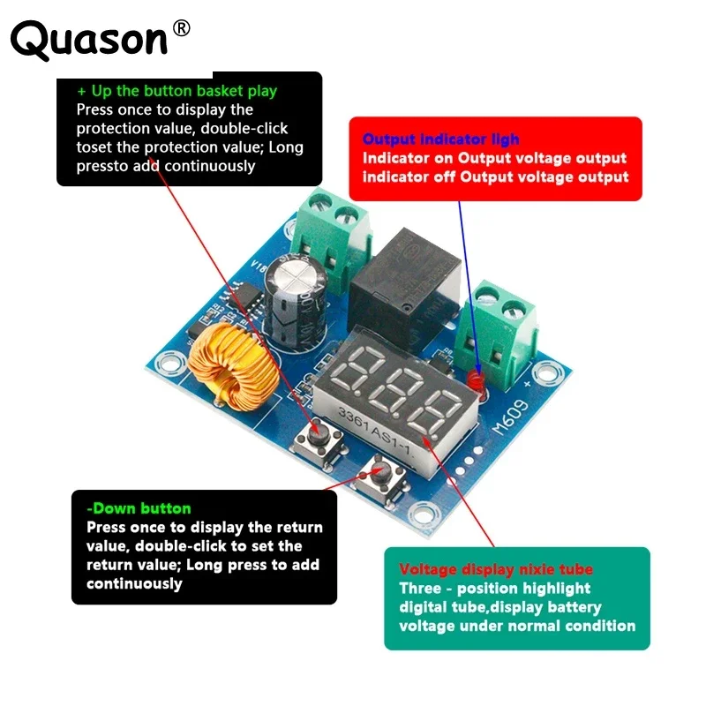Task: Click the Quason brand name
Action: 88,40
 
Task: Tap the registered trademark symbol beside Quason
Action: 181,28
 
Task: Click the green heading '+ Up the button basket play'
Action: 177,91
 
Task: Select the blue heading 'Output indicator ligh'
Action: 441,139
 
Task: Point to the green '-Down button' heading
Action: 139,508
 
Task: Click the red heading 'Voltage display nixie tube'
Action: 496,570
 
